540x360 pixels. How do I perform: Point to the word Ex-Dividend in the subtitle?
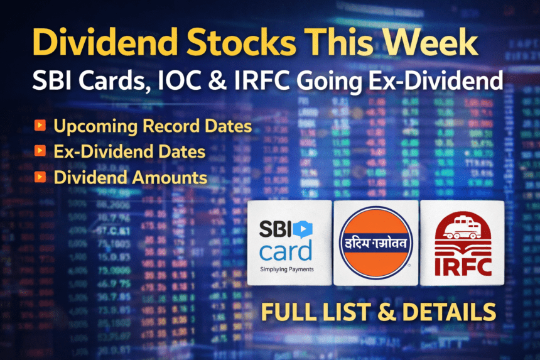click(x=433, y=82)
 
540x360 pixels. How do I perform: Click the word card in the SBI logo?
click(x=286, y=251)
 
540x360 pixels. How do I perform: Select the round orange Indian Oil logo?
click(x=375, y=243)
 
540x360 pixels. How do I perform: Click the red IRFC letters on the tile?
click(x=462, y=264)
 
